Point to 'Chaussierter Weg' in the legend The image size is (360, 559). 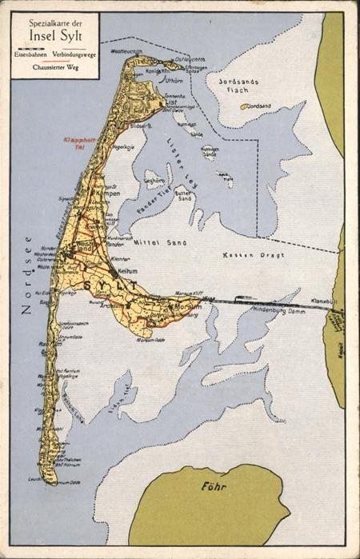click(x=55, y=68)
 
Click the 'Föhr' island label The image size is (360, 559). click(x=209, y=485)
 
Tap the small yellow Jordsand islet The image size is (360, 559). click(x=243, y=106)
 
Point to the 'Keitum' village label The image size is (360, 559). click(x=127, y=271)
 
